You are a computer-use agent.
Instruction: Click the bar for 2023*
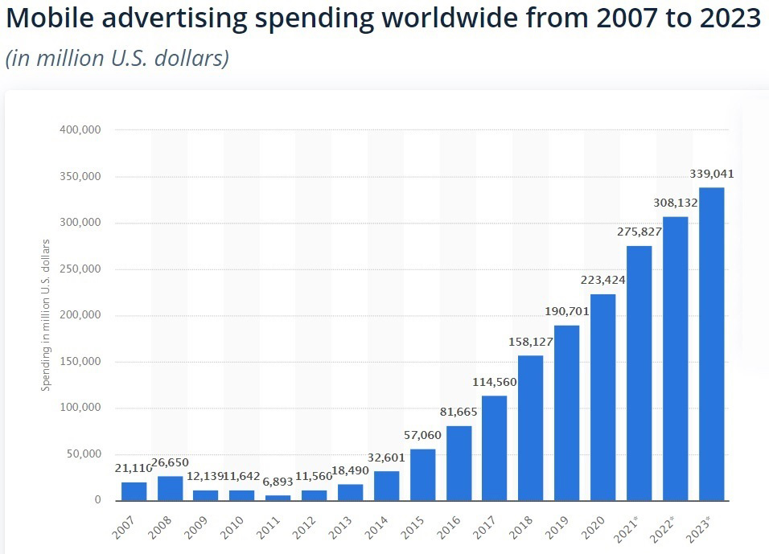click(x=711, y=343)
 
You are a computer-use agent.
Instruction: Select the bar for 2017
click(x=495, y=447)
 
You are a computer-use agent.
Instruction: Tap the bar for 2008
click(x=170, y=487)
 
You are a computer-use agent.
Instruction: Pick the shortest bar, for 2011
click(x=278, y=497)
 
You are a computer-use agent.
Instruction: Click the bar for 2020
click(x=602, y=396)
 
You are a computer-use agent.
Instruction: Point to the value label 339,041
click(x=711, y=174)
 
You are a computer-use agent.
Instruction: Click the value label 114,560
click(x=495, y=382)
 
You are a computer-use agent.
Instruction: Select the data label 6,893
click(x=278, y=482)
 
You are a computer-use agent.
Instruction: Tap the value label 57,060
click(x=422, y=435)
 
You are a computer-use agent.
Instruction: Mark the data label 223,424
click(x=602, y=281)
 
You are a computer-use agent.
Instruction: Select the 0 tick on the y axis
click(x=97, y=500)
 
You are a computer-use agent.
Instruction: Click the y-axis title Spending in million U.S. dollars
click(x=46, y=315)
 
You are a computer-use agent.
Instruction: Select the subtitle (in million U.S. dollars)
click(x=117, y=59)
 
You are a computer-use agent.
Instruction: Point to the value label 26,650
click(x=170, y=462)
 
